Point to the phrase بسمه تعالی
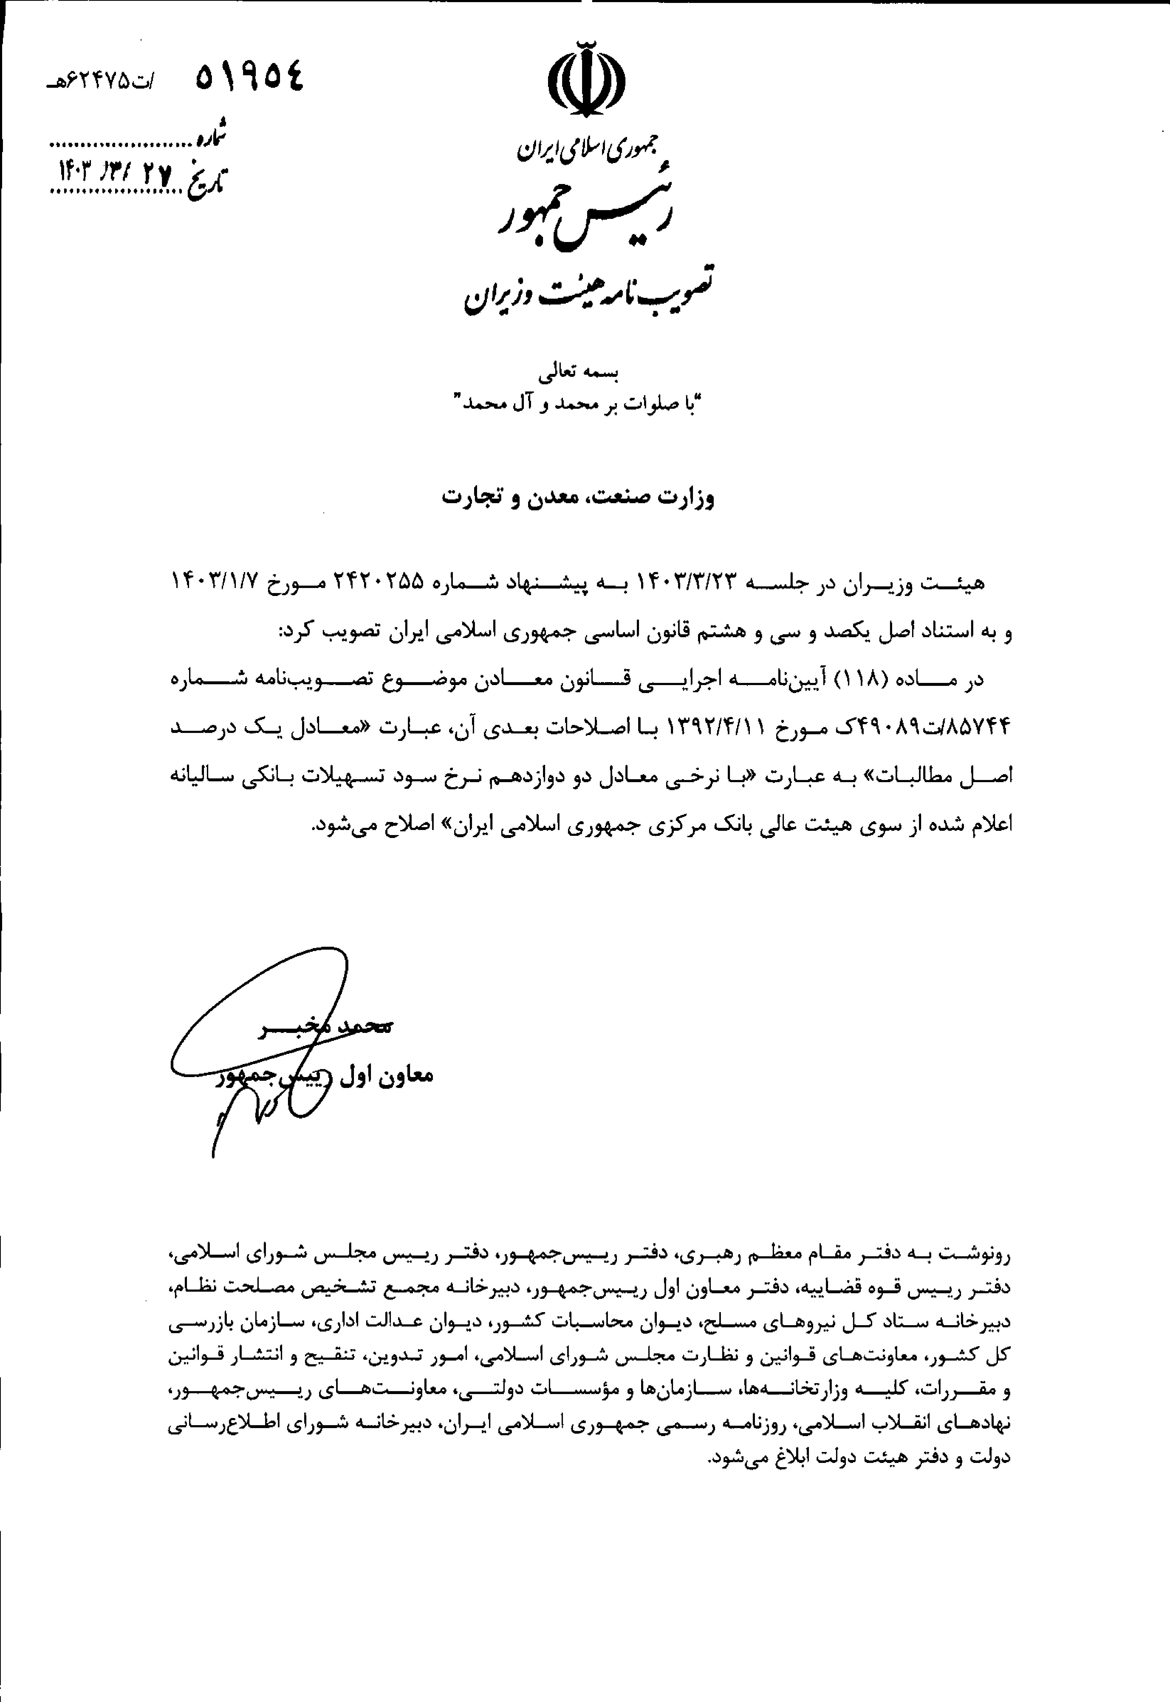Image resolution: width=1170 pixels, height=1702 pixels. pyautogui.click(x=579, y=373)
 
